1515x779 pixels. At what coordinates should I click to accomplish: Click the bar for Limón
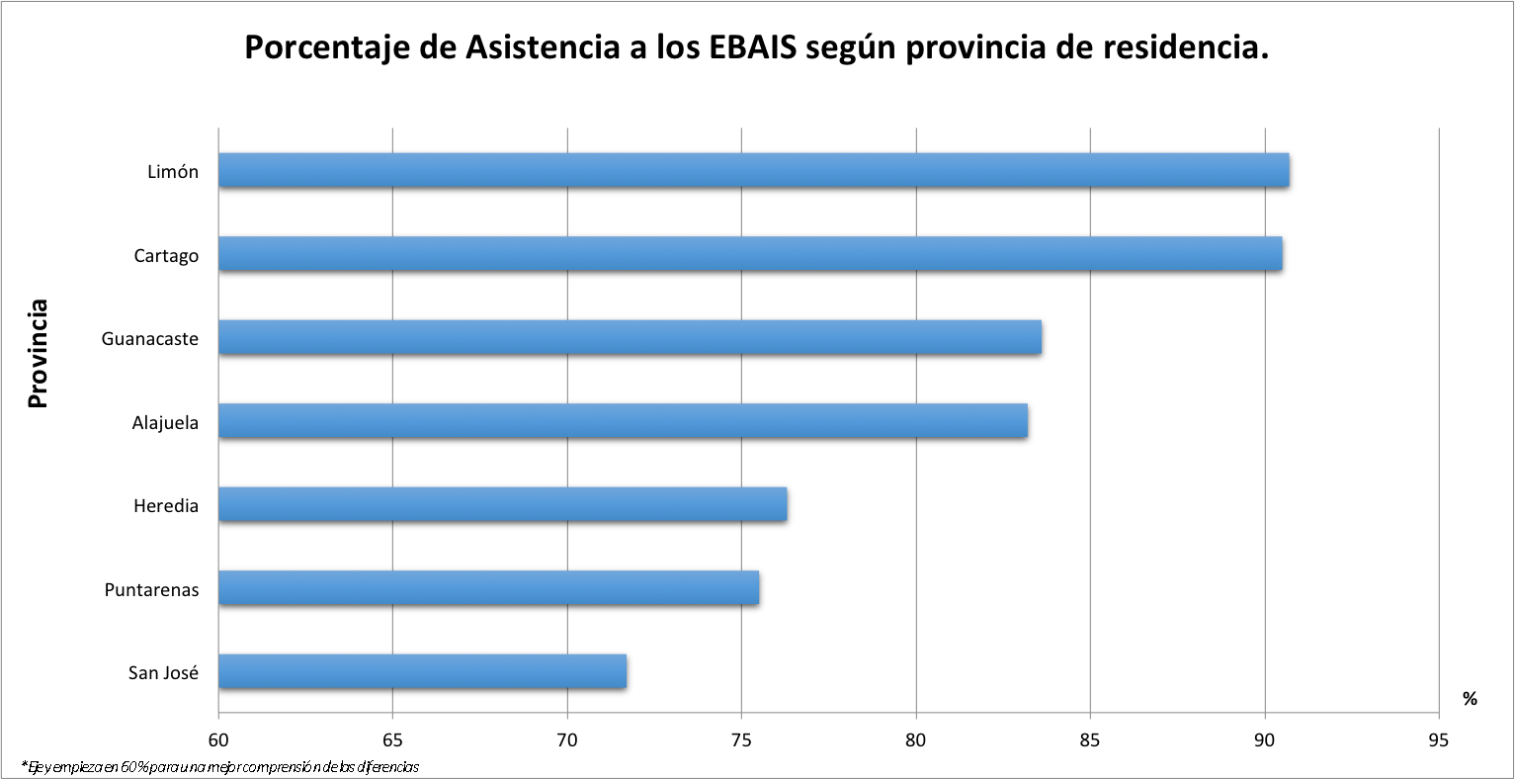click(x=753, y=171)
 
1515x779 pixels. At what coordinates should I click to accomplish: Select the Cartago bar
click(x=750, y=254)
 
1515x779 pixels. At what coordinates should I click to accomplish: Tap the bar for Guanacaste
click(x=630, y=338)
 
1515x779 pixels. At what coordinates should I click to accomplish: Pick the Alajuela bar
click(x=623, y=421)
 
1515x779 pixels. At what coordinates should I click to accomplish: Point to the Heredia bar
click(x=502, y=505)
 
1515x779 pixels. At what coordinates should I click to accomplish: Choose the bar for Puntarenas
click(x=488, y=588)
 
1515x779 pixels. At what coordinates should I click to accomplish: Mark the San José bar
click(x=422, y=672)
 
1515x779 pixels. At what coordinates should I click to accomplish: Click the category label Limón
click(x=173, y=172)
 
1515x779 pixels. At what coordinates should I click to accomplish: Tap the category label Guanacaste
click(x=150, y=339)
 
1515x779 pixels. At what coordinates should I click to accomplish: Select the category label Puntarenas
click(x=151, y=590)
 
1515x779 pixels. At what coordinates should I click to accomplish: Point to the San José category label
click(x=163, y=673)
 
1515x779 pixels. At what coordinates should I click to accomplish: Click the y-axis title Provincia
click(x=38, y=354)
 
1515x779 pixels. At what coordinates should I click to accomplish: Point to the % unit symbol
click(x=1470, y=699)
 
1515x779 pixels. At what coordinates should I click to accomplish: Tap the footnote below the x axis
click(x=219, y=767)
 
